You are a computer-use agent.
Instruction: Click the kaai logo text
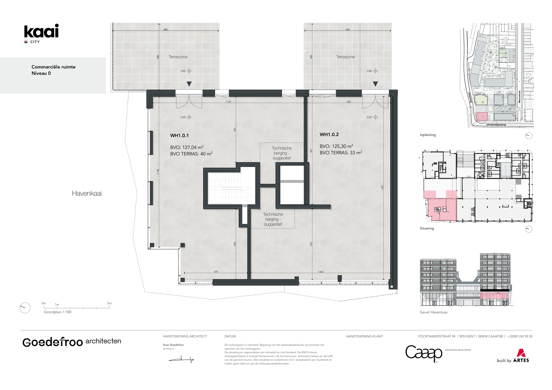41,32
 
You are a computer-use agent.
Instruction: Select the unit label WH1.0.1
179,136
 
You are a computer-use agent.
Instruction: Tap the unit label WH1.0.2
329,135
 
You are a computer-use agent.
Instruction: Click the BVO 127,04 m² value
187,147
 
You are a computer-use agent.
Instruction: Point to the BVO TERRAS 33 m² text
341,153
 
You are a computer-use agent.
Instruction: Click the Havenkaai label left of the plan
87,193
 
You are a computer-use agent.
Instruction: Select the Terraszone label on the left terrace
178,57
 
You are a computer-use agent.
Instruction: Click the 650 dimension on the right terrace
347,30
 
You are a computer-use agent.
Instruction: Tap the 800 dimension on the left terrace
165,30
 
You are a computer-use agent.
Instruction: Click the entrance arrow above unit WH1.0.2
375,84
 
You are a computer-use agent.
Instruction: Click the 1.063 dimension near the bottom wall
320,272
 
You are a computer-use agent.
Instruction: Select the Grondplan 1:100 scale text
58,312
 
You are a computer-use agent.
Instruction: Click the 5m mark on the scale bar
109,304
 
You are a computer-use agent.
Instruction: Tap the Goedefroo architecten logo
72,342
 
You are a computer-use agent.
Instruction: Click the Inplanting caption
427,135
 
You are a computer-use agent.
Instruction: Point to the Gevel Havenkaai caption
433,312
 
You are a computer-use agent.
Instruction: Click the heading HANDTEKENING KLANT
364,336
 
